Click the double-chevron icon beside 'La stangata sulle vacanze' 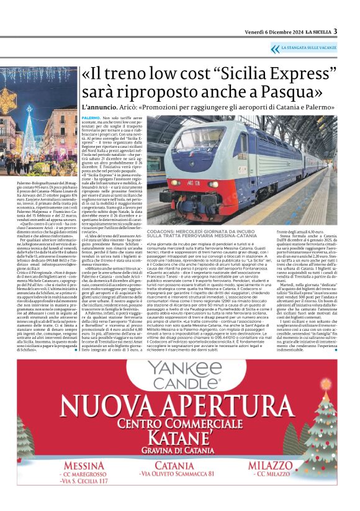275,48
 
